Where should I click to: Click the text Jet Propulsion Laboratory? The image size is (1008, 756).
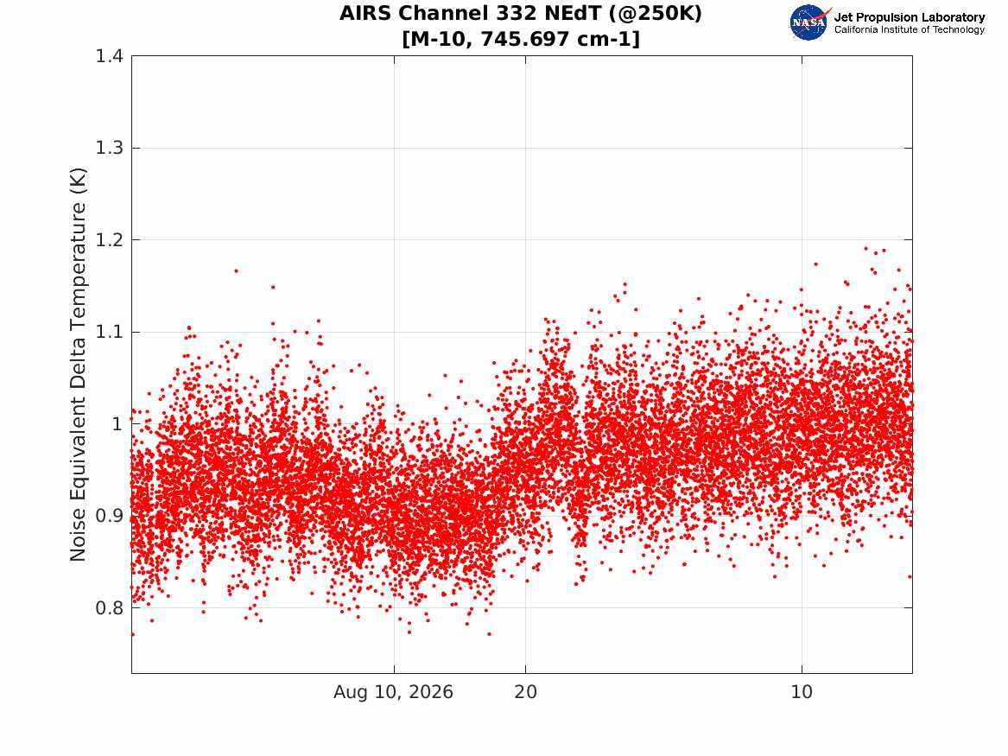909,17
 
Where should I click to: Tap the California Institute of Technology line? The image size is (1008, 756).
909,29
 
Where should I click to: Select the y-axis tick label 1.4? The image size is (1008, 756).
110,56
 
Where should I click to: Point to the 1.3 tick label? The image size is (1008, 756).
110,148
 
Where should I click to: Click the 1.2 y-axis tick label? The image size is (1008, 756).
110,240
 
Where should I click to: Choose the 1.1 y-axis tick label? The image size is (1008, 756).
110,332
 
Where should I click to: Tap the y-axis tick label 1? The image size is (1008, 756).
117,423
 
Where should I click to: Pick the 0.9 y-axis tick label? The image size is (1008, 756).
110,516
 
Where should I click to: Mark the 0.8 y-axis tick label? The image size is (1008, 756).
110,607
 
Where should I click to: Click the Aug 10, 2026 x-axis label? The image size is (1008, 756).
393,692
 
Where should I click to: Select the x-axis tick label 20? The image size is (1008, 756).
525,692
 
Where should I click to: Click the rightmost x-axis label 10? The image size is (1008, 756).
802,692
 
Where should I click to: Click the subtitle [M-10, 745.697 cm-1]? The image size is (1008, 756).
521,39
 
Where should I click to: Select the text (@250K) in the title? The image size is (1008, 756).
655,14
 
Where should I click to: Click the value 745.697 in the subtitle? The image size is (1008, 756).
524,39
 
